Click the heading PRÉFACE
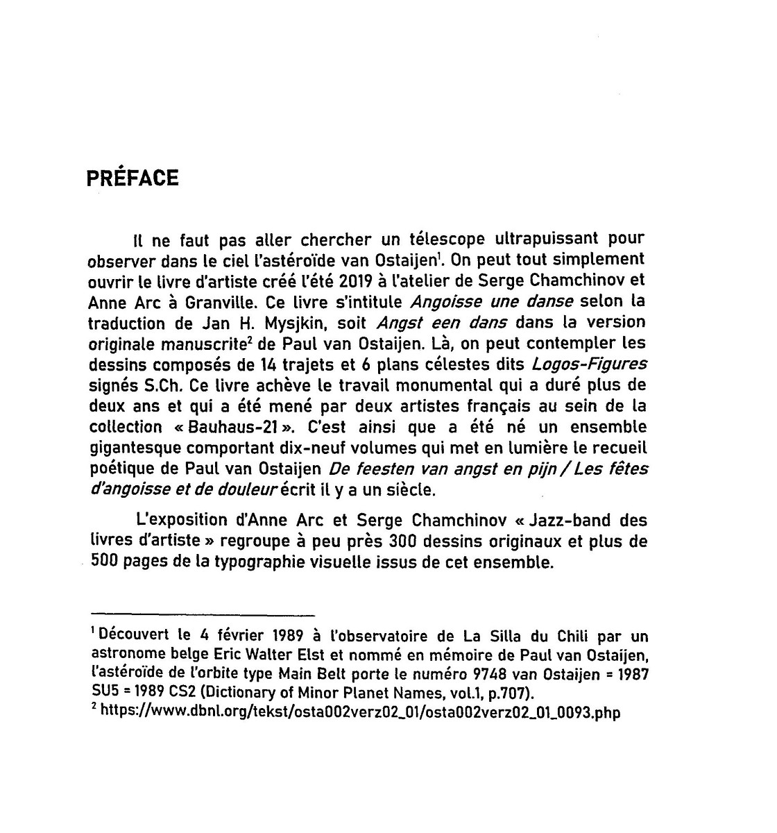133,178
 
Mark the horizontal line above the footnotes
203,614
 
